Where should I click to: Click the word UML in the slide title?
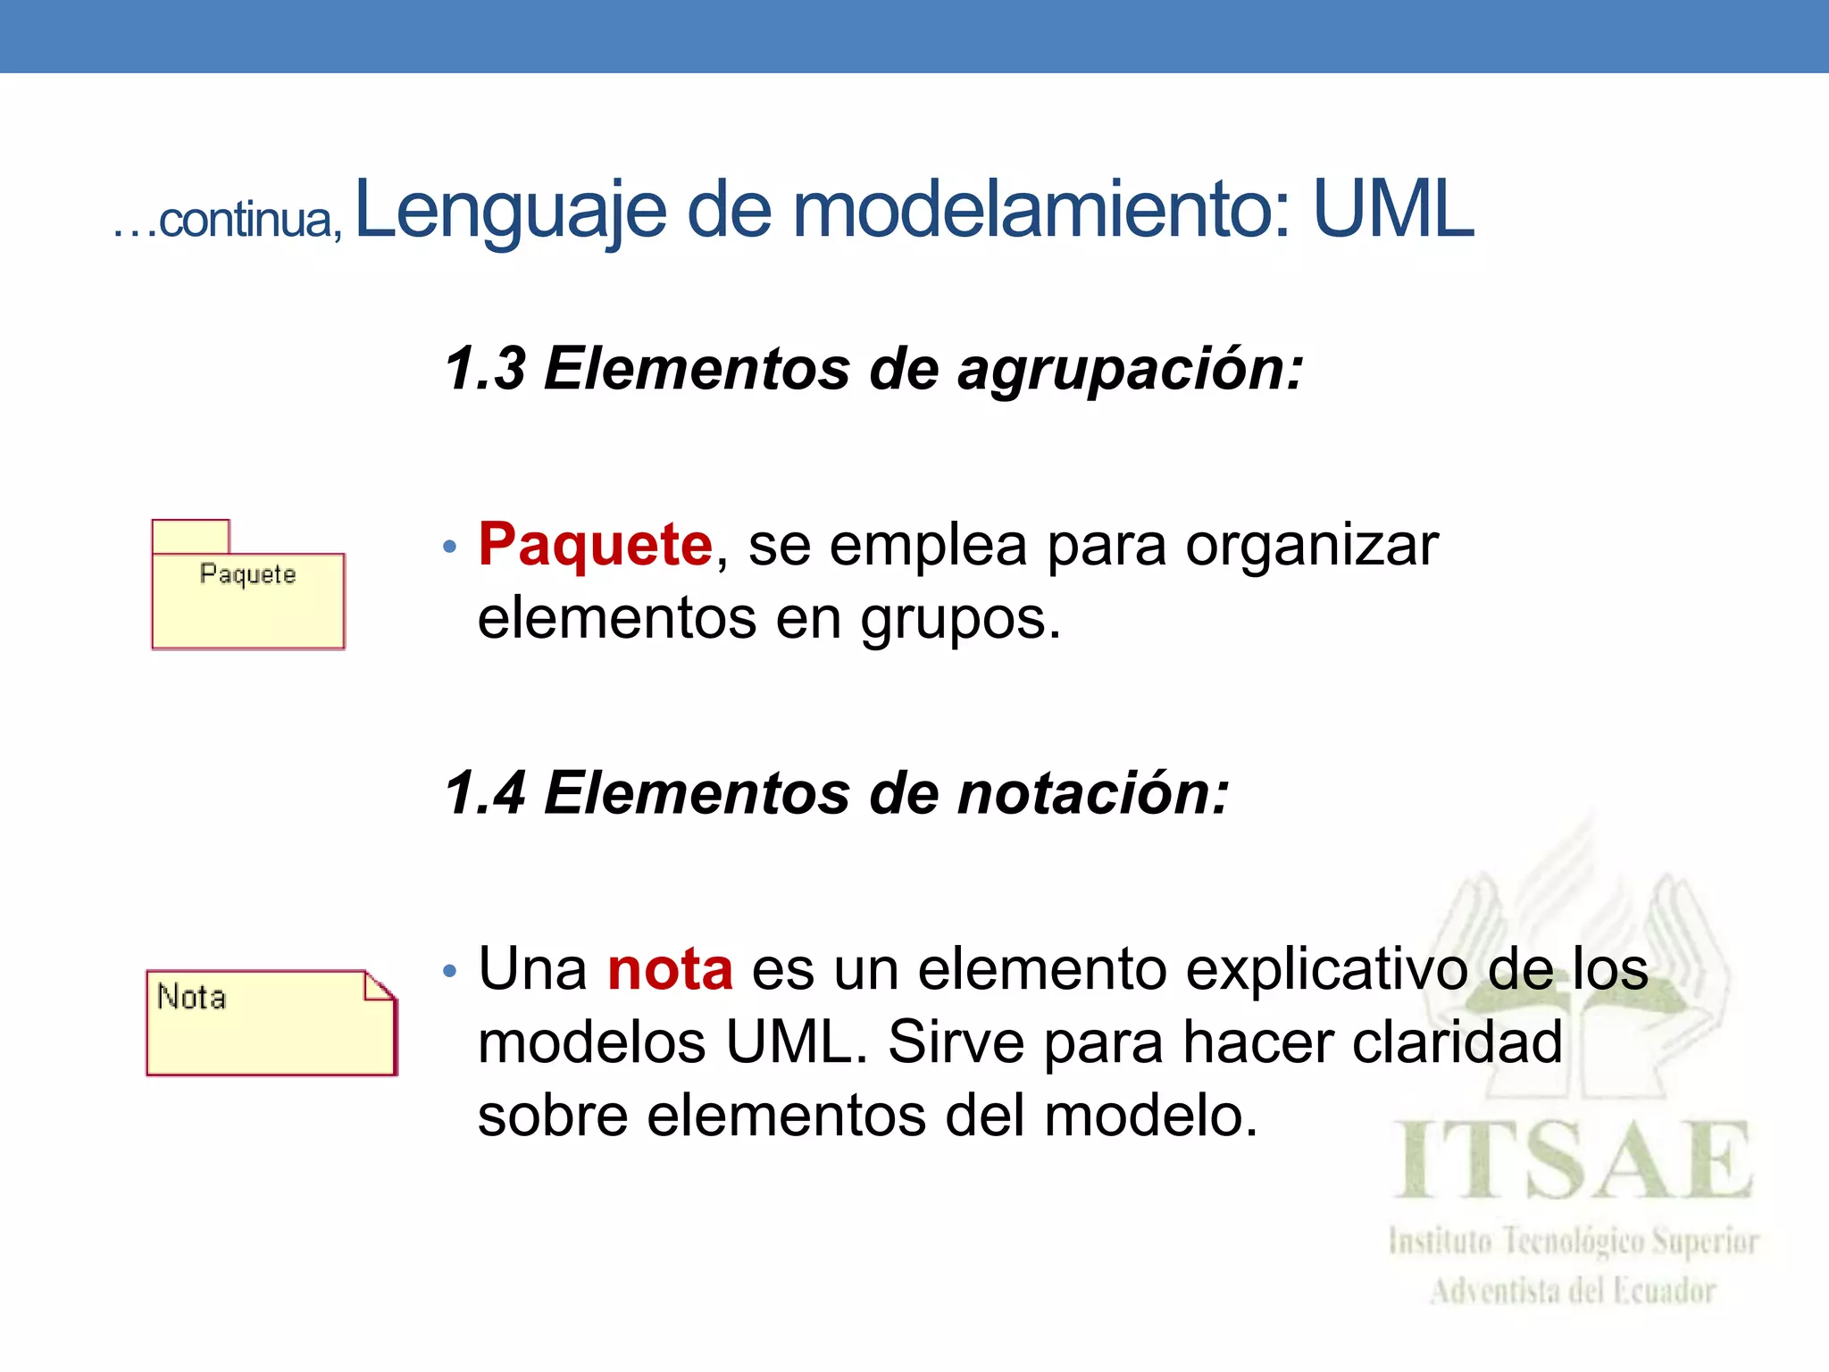1393,210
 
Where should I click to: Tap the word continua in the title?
246,219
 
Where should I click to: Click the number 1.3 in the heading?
485,368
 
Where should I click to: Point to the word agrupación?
1130,370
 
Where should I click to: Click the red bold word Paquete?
596,544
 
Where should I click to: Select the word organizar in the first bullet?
1311,546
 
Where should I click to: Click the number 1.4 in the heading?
485,793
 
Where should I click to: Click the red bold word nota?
670,969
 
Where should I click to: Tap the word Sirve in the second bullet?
956,1042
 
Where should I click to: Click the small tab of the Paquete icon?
190,537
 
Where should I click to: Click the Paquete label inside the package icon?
247,574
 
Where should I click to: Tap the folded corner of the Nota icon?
380,986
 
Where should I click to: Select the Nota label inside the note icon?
191,997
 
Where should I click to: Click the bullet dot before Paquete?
450,546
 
